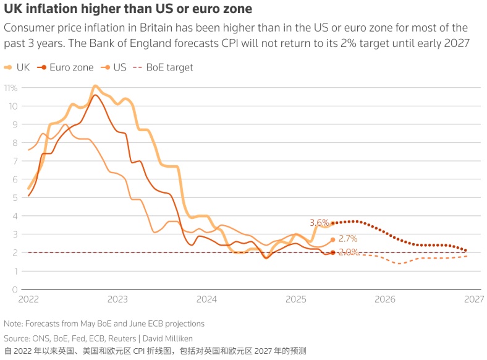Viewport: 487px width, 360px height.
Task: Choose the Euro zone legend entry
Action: tap(67, 67)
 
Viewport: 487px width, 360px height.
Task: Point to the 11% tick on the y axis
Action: tap(11, 88)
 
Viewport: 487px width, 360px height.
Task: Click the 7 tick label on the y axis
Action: tap(14, 161)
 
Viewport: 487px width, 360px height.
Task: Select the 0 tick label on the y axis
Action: tap(14, 289)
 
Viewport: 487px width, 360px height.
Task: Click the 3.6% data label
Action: tap(319, 223)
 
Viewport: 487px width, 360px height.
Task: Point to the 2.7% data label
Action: tap(348, 239)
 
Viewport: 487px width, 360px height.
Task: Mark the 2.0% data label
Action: tap(348, 252)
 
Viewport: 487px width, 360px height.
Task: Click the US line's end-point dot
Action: tap(332, 239)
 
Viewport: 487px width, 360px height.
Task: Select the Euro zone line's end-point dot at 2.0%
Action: tap(332, 252)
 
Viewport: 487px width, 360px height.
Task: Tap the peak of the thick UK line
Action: tap(95, 86)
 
